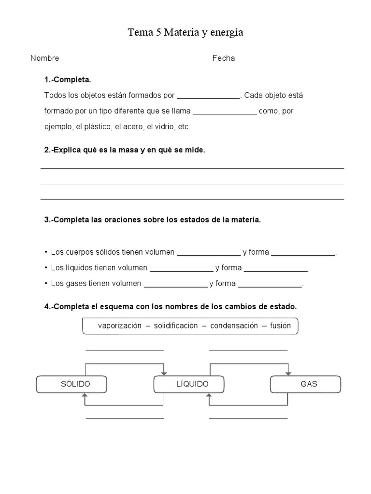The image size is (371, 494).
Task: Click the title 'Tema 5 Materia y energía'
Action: (x=185, y=33)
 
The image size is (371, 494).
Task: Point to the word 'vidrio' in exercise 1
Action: (x=167, y=127)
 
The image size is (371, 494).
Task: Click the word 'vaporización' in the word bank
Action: (x=120, y=326)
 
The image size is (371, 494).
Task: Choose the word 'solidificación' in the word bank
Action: (x=176, y=326)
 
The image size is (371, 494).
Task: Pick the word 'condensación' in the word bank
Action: (x=234, y=326)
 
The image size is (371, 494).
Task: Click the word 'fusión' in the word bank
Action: (x=280, y=326)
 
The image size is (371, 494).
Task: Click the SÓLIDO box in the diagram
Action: (x=71, y=384)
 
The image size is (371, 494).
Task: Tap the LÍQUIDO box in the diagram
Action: (x=189, y=384)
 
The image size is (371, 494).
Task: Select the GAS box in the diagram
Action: (x=305, y=384)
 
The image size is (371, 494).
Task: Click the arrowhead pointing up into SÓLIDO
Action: (x=86, y=396)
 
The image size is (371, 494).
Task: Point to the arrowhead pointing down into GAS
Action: (x=288, y=373)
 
